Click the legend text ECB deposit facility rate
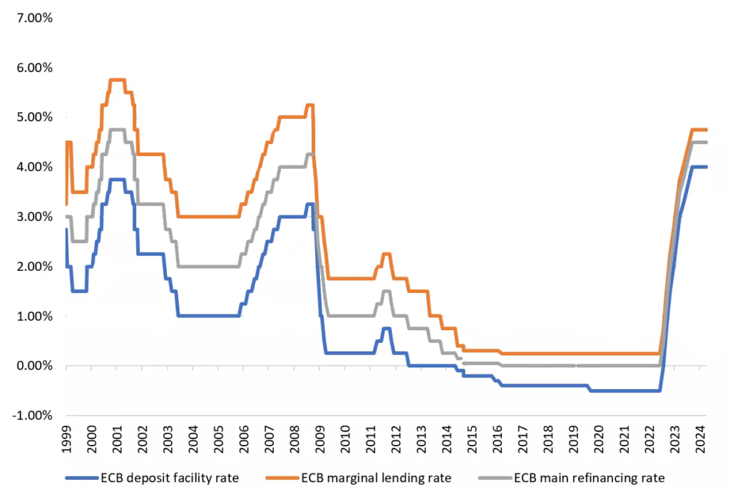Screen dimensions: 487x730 tap(178, 476)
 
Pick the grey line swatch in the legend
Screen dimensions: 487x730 tap(493, 477)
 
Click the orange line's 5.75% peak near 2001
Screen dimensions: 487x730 tap(118, 80)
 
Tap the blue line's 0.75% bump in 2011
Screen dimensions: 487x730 tap(386, 329)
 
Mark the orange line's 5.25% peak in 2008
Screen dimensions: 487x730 tap(309, 106)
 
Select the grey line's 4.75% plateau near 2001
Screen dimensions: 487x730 tap(118, 130)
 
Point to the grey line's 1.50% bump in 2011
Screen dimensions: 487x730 tap(386, 291)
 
